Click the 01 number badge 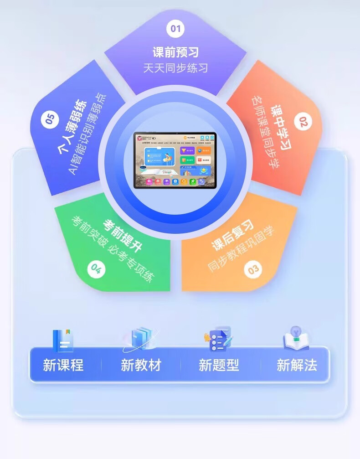175,29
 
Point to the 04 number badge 96,269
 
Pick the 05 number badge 50,119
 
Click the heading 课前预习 175,52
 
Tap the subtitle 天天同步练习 175,68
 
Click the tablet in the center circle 175,160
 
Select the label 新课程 63,365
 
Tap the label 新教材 141,365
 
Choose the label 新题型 219,365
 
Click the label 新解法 297,365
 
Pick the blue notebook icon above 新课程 63,340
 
